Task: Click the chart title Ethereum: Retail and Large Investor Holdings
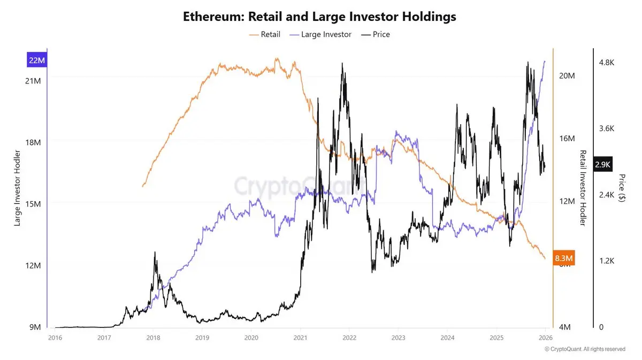[319, 17]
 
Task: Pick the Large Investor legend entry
[320, 34]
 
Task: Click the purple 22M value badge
[37, 60]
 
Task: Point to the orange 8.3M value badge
[563, 259]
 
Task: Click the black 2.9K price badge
[603, 164]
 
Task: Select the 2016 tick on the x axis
[55, 338]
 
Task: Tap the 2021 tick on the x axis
[300, 338]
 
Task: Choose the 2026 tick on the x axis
[545, 338]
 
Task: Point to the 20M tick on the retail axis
[567, 75]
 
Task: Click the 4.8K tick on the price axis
[607, 63]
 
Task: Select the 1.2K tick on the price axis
[607, 261]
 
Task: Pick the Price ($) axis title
[621, 188]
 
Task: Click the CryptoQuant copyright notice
[585, 349]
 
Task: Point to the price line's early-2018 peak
[155, 252]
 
